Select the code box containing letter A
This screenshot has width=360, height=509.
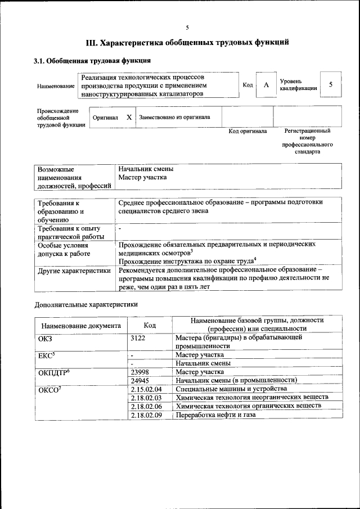[266, 85]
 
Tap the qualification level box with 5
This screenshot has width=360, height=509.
[331, 84]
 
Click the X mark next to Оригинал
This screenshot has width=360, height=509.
[129, 117]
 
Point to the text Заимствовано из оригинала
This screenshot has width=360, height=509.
[175, 118]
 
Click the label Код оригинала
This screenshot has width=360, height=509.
[247, 131]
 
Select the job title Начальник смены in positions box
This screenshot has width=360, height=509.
[146, 169]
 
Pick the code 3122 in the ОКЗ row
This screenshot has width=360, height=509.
[138, 338]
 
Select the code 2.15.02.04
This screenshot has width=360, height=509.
[146, 389]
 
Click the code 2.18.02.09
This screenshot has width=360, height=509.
[146, 415]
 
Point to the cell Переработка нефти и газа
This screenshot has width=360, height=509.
[215, 415]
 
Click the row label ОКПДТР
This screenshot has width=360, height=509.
[53, 372]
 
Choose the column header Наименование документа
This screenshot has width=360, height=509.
[81, 325]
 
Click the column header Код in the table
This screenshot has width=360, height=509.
[150, 325]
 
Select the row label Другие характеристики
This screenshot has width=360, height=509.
[74, 271]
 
